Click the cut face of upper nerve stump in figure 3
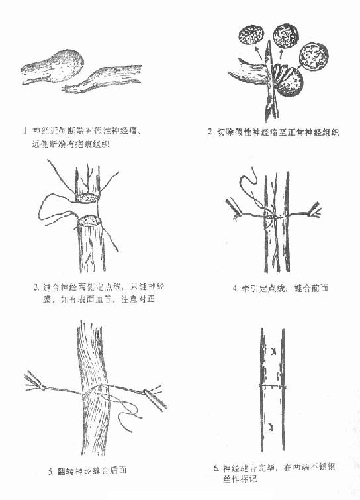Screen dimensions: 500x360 click(88, 197)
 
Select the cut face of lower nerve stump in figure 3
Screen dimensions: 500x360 click(90, 221)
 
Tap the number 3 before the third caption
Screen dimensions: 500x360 click(36, 288)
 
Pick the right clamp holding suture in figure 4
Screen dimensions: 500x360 click(314, 211)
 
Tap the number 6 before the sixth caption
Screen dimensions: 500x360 click(216, 468)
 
